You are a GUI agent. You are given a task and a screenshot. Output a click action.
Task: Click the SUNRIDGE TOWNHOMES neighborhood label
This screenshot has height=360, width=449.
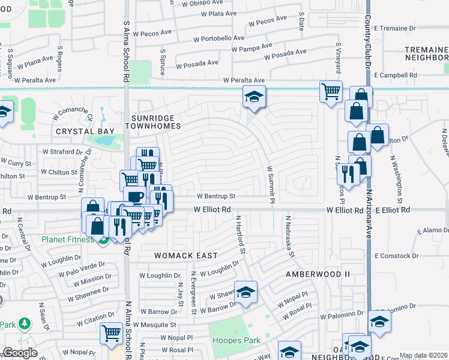pyautogui.click(x=152, y=121)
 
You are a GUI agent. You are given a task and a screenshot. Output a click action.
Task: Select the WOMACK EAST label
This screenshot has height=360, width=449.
pyautogui.click(x=185, y=256)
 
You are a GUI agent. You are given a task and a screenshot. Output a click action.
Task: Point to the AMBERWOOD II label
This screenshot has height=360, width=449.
pyautogui.click(x=317, y=274)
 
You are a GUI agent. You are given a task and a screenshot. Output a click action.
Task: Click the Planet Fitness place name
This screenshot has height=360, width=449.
pyautogui.click(x=68, y=240)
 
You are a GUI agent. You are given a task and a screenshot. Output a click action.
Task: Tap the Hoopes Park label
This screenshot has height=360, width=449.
pyautogui.click(x=237, y=340)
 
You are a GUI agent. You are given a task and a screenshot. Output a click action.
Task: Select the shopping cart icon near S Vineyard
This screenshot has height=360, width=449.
pyautogui.click(x=331, y=92)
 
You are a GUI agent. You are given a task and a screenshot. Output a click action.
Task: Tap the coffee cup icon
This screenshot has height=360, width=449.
pyautogui.click(x=135, y=197)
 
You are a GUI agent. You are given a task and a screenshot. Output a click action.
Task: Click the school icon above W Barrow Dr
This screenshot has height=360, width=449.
pyautogui.click(x=246, y=293)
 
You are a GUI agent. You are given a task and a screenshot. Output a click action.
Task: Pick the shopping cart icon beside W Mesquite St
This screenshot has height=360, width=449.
pyautogui.click(x=111, y=333)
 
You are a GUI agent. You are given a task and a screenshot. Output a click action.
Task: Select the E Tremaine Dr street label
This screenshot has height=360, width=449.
pyautogui.click(x=394, y=28)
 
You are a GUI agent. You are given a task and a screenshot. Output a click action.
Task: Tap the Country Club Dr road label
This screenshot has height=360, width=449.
pyautogui.click(x=367, y=30)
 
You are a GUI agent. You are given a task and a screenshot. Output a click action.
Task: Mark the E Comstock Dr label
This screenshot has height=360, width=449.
pyautogui.click(x=396, y=256)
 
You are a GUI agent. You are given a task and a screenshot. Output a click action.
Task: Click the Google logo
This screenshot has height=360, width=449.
pyautogui.click(x=20, y=353)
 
